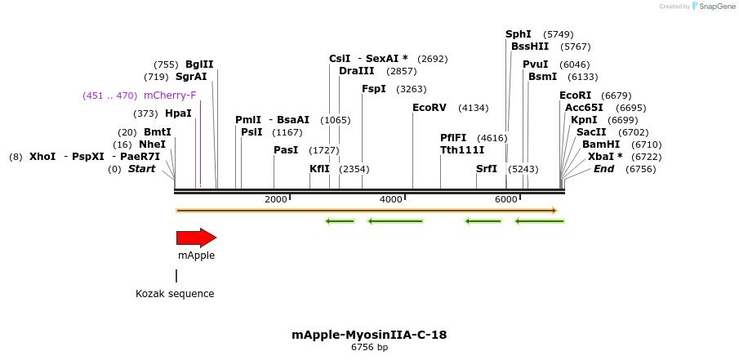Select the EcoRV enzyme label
click(x=430, y=108)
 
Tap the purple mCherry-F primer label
click(x=170, y=96)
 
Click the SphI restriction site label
click(x=519, y=34)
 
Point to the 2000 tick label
click(x=276, y=199)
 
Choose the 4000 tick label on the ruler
click(x=391, y=199)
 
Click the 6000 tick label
click(x=506, y=199)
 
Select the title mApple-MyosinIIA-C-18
click(x=369, y=335)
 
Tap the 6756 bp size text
click(x=369, y=348)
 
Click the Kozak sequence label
click(x=175, y=294)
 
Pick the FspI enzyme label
click(x=374, y=89)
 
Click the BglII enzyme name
click(x=199, y=64)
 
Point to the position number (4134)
click(x=473, y=108)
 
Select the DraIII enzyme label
click(x=356, y=71)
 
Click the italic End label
click(x=604, y=169)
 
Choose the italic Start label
click(x=141, y=169)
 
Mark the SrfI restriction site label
click(x=487, y=169)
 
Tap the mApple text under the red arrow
click(x=196, y=256)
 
